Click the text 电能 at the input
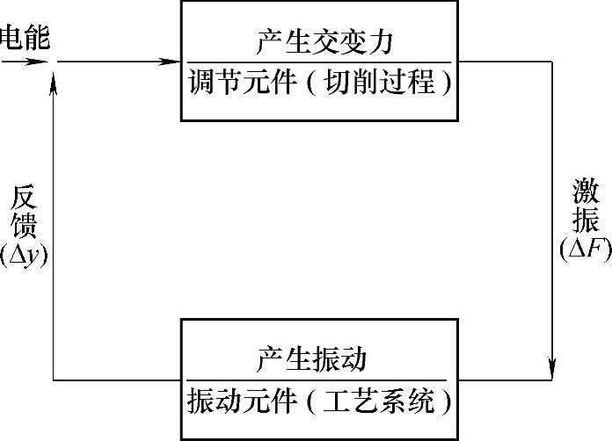(25, 37)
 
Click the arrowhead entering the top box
(173, 61)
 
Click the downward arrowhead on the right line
(552, 363)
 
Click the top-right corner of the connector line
(552, 61)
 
